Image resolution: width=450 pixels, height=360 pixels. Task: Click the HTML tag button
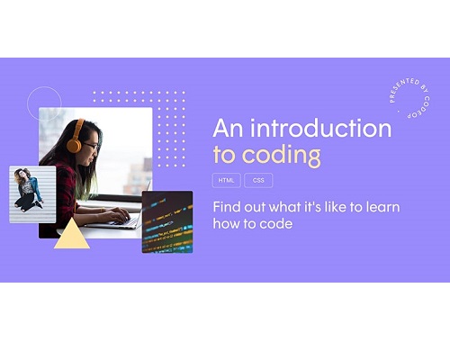(226, 180)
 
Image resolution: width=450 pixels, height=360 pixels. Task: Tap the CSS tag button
(258, 180)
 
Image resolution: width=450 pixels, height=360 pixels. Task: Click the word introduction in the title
(320, 128)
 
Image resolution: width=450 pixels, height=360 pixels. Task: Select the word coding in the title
(281, 156)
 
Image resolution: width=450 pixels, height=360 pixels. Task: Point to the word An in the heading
(228, 129)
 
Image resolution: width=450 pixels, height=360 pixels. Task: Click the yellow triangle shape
(72, 236)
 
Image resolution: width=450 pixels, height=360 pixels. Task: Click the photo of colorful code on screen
(167, 222)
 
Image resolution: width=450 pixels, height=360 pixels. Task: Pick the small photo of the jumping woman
(32, 194)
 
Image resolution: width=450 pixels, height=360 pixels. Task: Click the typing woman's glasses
(91, 146)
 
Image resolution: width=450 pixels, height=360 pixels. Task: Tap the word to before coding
(224, 155)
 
